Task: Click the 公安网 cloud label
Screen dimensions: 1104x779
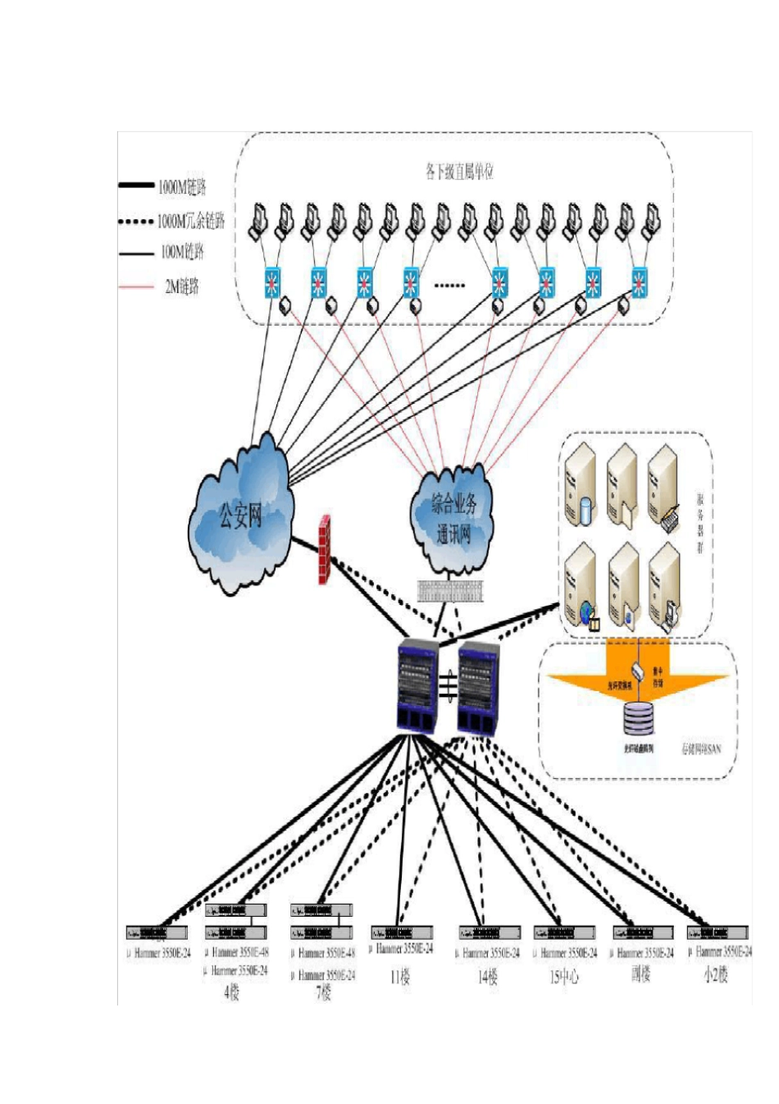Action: tap(240, 516)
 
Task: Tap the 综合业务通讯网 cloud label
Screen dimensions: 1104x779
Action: tap(453, 519)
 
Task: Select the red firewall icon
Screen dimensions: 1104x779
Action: tap(325, 550)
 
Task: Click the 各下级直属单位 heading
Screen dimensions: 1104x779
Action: tap(459, 172)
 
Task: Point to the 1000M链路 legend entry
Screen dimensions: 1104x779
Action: tap(182, 187)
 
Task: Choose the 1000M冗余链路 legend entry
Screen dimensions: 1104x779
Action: tap(190, 221)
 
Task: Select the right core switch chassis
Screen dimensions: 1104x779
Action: tap(478, 688)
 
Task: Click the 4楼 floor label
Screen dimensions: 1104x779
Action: tap(232, 993)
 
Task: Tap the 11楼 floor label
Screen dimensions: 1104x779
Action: tap(400, 977)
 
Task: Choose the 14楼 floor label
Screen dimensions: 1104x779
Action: tap(488, 978)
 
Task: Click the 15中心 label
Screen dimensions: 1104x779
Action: tap(564, 978)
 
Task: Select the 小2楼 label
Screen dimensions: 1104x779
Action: tap(716, 975)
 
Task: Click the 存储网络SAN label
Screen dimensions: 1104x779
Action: tap(702, 749)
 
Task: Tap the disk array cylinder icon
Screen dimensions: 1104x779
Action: tap(639, 717)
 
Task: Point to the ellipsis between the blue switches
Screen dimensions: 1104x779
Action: tap(449, 285)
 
